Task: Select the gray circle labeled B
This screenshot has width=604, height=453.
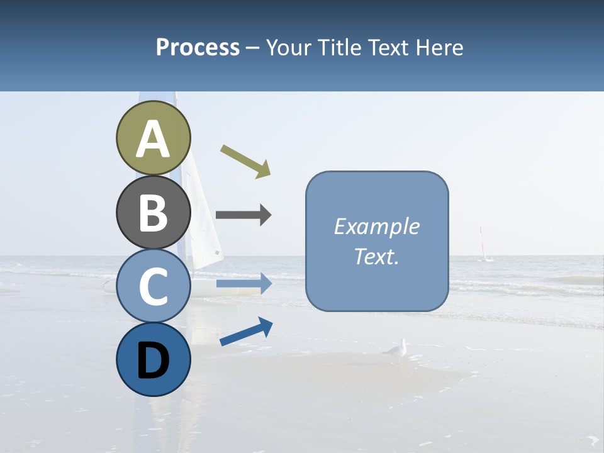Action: click(153, 212)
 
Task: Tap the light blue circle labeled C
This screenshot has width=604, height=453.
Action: click(153, 286)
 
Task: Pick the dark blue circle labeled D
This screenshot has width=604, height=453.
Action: click(153, 359)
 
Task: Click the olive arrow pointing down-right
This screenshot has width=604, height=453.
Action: click(246, 161)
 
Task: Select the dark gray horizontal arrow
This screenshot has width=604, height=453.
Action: click(243, 215)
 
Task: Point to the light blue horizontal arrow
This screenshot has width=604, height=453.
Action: click(243, 284)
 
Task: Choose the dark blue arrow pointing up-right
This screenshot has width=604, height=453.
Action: click(246, 332)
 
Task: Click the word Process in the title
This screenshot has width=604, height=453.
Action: click(198, 47)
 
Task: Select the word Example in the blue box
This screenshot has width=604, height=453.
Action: click(377, 226)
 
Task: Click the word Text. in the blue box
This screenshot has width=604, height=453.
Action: click(377, 256)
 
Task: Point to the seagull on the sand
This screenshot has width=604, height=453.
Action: click(396, 350)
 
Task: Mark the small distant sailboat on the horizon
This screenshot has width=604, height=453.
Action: click(483, 245)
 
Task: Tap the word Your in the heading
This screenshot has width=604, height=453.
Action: click(286, 47)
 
